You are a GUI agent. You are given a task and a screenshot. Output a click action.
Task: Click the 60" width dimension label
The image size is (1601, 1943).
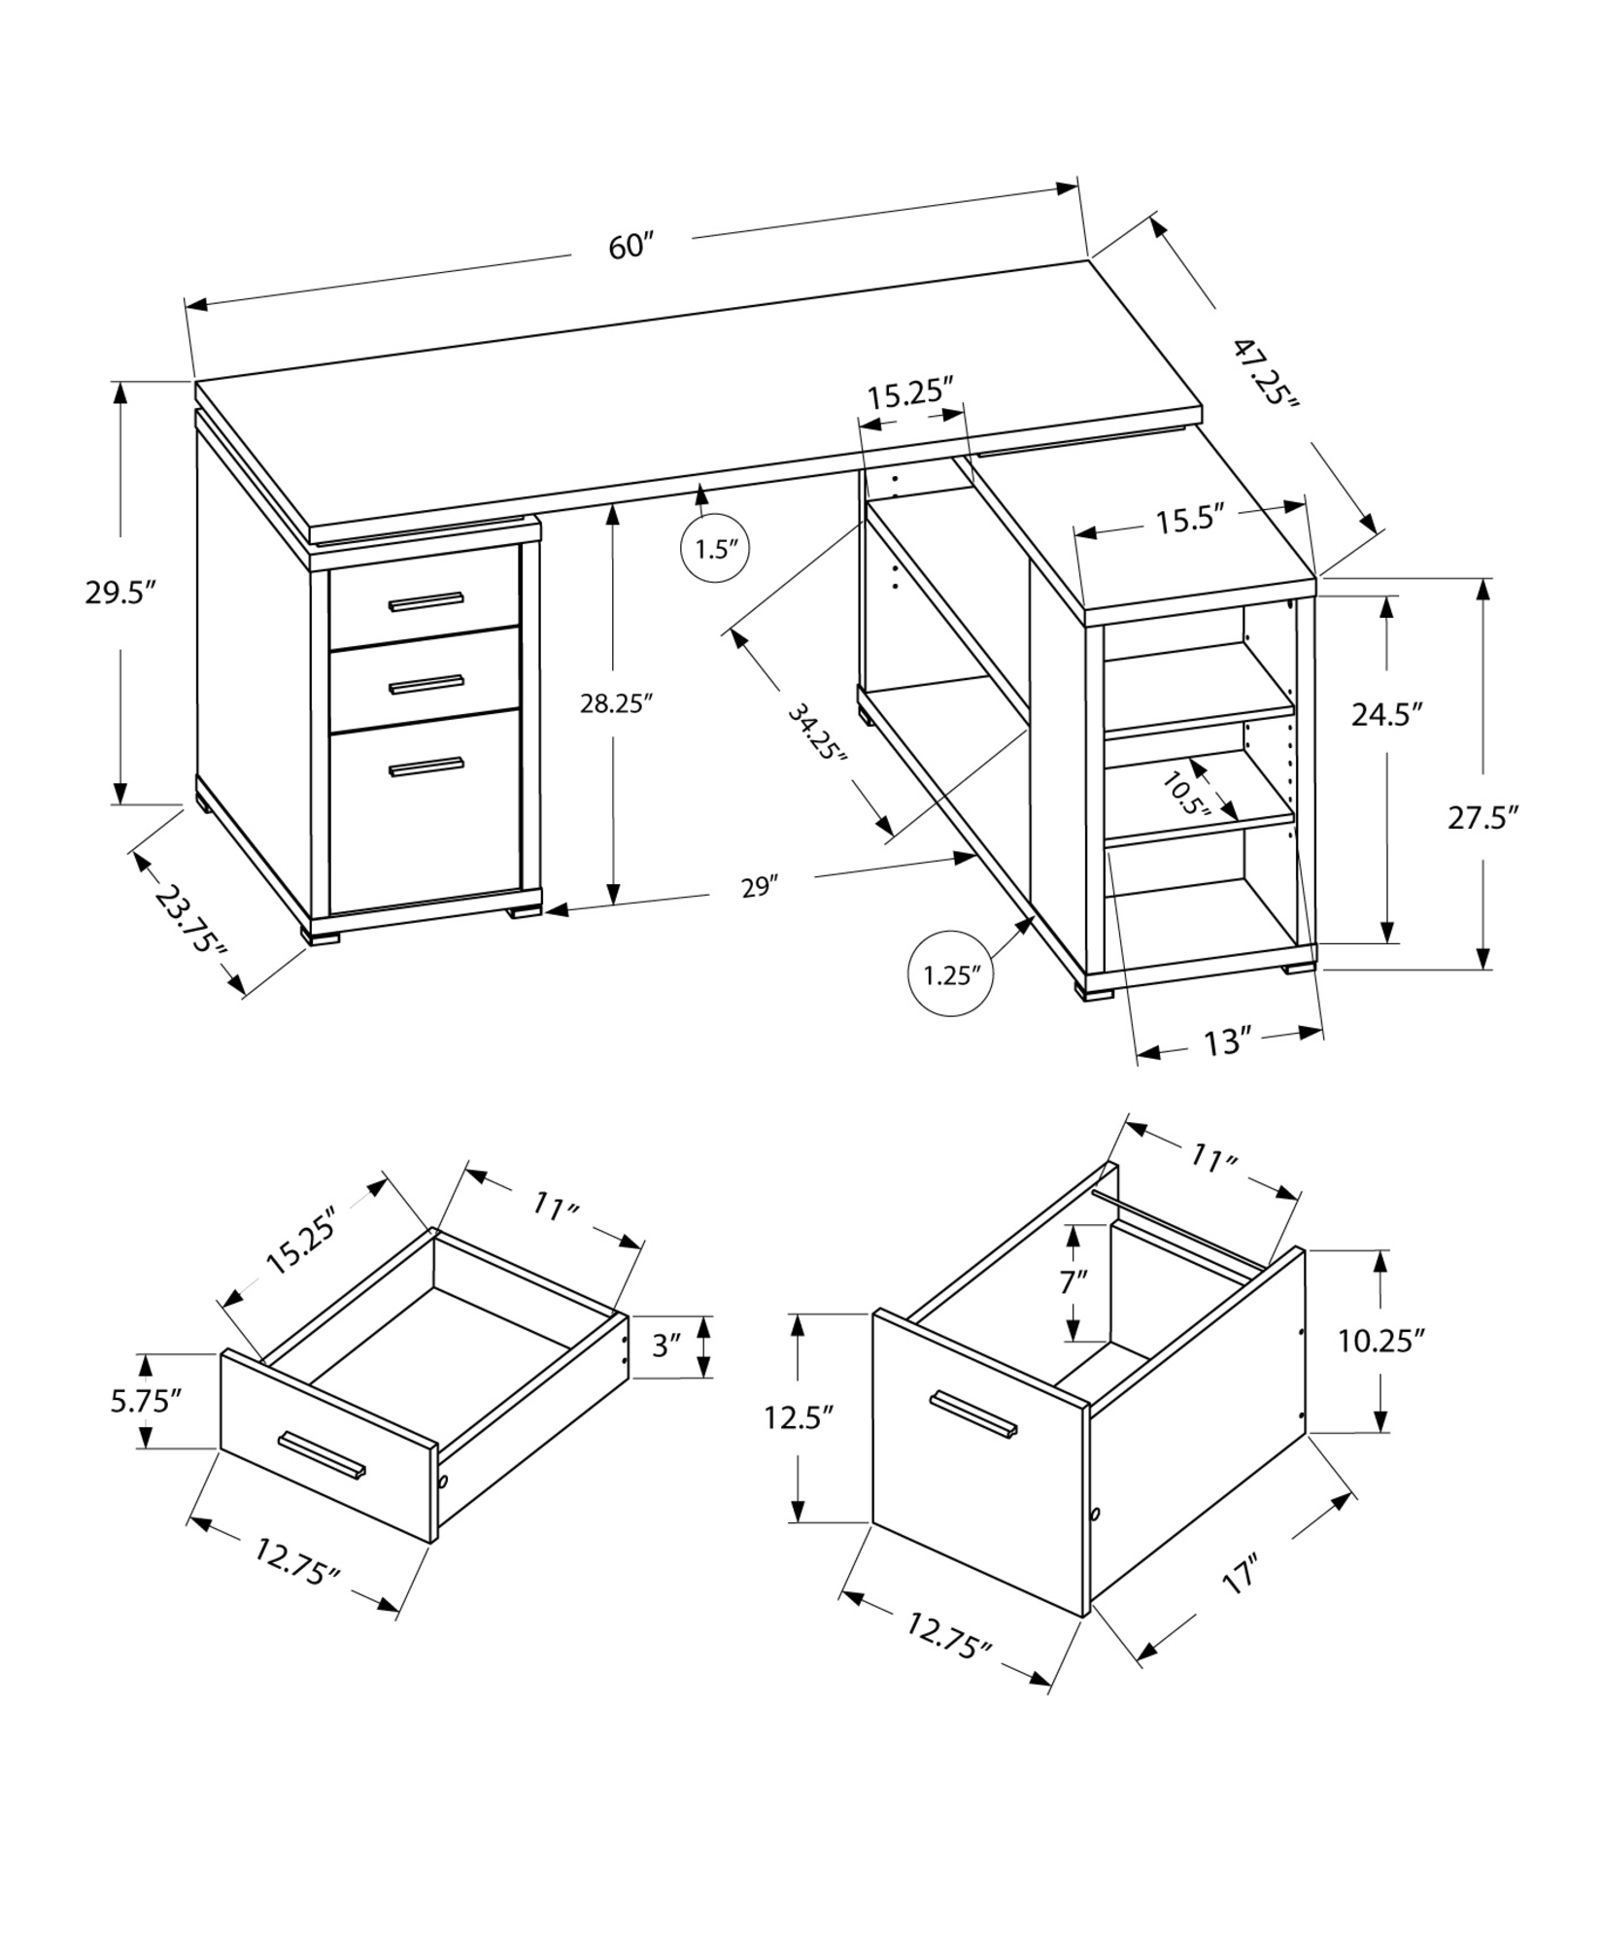click(629, 247)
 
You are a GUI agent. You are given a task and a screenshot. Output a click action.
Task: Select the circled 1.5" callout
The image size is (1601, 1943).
click(717, 549)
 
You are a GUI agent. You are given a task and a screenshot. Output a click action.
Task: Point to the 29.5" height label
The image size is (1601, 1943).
click(120, 593)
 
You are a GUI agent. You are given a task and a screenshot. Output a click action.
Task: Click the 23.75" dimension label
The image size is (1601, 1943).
click(190, 920)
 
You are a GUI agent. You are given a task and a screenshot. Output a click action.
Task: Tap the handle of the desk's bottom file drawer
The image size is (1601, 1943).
click(426, 767)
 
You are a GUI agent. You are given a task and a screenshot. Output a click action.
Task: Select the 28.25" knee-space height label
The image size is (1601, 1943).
click(613, 704)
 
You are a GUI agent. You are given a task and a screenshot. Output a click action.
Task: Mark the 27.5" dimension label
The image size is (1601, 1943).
click(1482, 817)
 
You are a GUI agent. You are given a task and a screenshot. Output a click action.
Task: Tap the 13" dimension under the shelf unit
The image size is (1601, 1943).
click(1227, 1043)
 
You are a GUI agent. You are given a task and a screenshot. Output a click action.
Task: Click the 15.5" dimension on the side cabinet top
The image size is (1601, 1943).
click(1188, 522)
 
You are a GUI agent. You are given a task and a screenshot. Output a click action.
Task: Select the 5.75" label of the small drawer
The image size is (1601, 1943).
click(146, 1401)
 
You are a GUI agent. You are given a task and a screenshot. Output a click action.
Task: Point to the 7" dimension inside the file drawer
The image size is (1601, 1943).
click(1073, 1282)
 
